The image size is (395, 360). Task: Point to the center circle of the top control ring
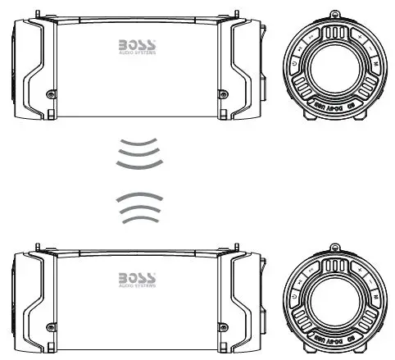click(334, 67)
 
